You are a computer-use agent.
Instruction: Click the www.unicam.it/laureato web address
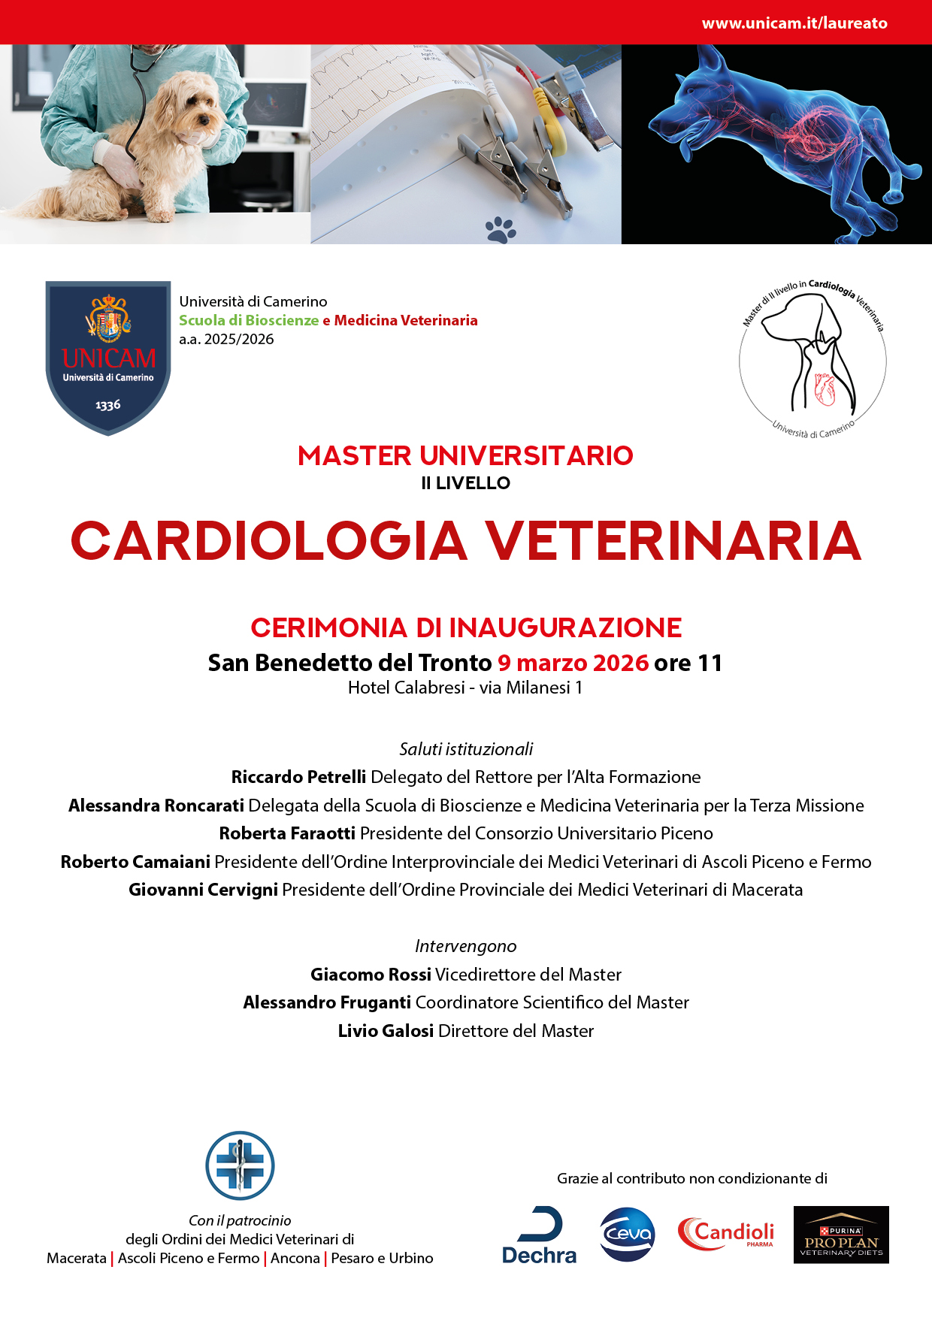point(794,23)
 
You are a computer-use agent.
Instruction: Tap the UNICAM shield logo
point(108,357)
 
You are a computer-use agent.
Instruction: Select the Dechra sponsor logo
point(539,1236)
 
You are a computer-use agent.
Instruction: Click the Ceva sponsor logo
point(628,1234)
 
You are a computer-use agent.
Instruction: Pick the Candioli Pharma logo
point(725,1234)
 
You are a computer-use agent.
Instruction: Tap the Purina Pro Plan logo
point(841,1235)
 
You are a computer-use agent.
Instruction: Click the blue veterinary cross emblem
point(240,1165)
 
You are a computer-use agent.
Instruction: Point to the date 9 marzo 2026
point(573,663)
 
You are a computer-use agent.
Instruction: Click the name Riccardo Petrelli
point(298,777)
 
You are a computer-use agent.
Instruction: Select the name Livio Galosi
point(386,1031)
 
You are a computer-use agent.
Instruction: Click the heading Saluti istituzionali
point(466,749)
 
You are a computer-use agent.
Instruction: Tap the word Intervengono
point(466,946)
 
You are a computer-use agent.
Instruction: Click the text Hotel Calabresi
point(406,688)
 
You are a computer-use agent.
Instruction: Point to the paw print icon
point(501,230)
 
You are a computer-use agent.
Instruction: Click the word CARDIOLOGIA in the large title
point(268,541)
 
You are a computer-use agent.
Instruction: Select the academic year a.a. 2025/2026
point(226,339)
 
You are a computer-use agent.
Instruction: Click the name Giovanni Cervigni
point(203,890)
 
